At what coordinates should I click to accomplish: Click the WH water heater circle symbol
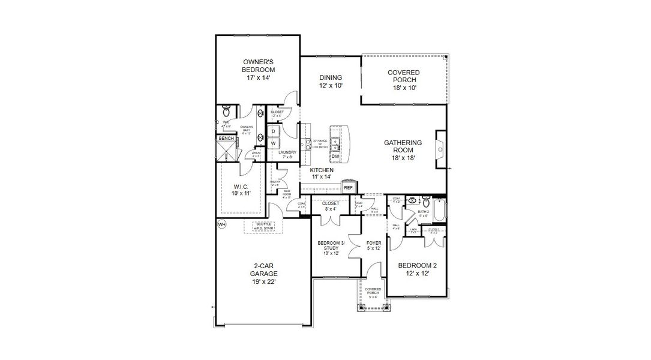pyautogui.click(x=221, y=224)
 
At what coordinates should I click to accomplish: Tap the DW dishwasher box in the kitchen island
pyautogui.click(x=336, y=157)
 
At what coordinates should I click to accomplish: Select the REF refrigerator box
pyautogui.click(x=348, y=187)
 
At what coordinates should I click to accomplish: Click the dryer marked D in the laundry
pyautogui.click(x=274, y=131)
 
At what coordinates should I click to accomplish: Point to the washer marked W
pyautogui.click(x=274, y=143)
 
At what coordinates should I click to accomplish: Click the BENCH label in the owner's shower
pyautogui.click(x=226, y=139)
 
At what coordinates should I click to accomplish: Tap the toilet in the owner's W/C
pyautogui.click(x=226, y=112)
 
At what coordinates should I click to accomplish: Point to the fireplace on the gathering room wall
pyautogui.click(x=440, y=146)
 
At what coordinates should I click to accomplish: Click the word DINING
pyautogui.click(x=331, y=77)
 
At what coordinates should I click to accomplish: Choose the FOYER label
pyautogui.click(x=373, y=243)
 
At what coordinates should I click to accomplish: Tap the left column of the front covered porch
pyautogui.click(x=362, y=308)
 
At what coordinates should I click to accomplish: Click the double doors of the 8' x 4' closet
pyautogui.click(x=330, y=220)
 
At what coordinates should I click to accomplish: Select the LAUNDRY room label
pyautogui.click(x=287, y=152)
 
